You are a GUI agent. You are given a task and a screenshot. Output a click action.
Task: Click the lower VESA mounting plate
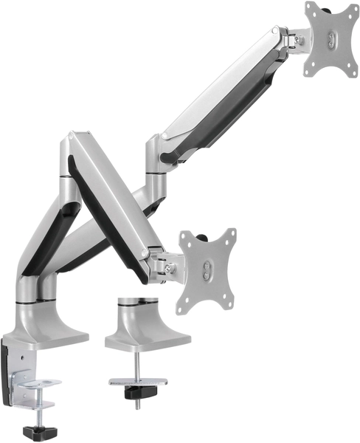click(x=207, y=271)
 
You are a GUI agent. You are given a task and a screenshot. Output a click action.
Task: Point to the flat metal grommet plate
click(x=137, y=382)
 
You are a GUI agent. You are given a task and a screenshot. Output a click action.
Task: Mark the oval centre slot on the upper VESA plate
click(x=331, y=38)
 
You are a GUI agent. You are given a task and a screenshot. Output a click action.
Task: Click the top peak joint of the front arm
click(x=75, y=140)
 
